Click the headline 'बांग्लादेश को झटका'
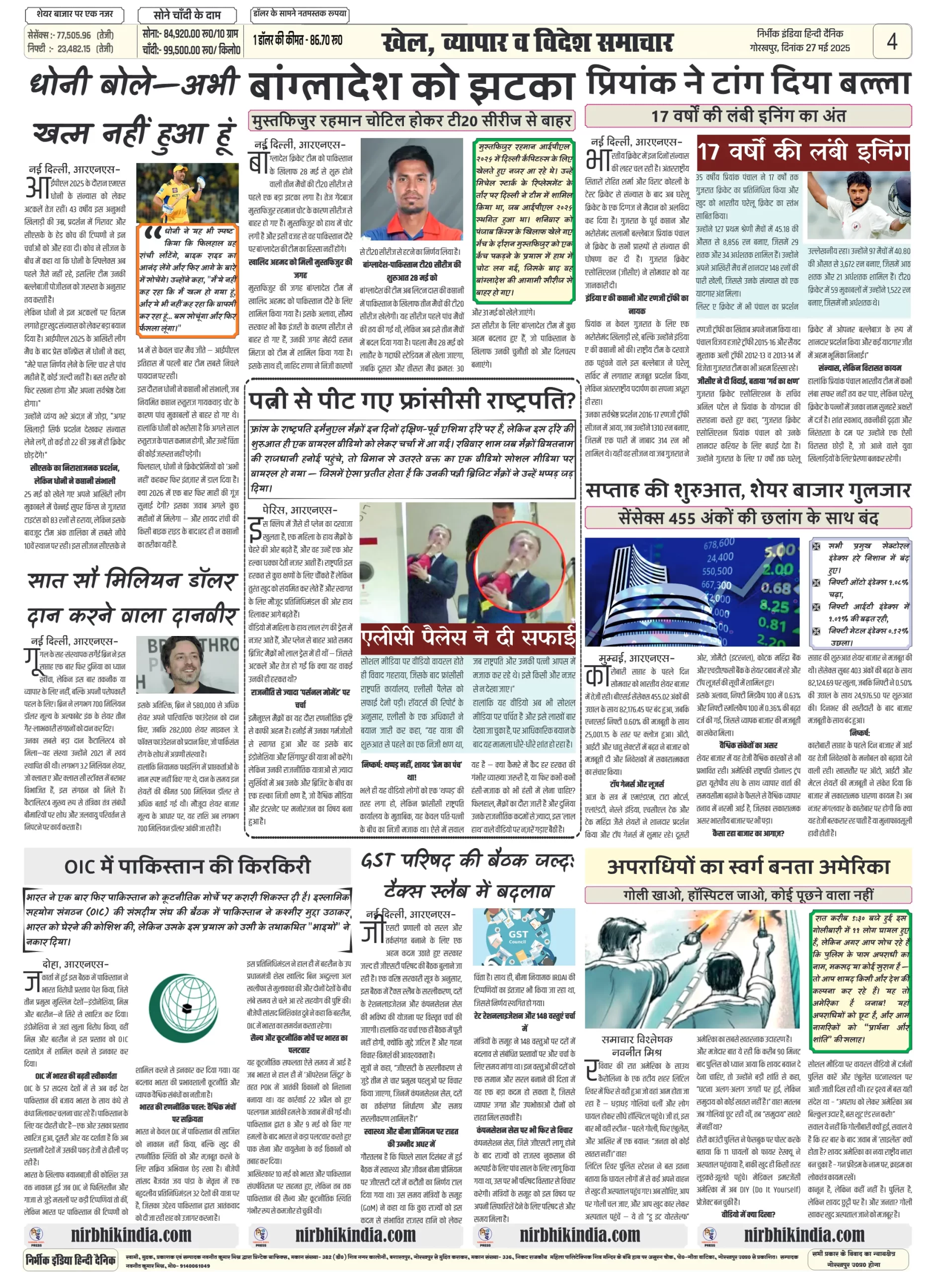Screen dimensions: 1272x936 [412, 85]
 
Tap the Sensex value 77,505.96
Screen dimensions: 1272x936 [74, 35]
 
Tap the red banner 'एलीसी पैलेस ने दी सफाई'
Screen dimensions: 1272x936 [468, 637]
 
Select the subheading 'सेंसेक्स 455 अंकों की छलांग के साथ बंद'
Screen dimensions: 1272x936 [747, 517]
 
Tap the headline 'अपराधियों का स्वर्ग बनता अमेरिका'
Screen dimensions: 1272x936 [748, 867]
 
